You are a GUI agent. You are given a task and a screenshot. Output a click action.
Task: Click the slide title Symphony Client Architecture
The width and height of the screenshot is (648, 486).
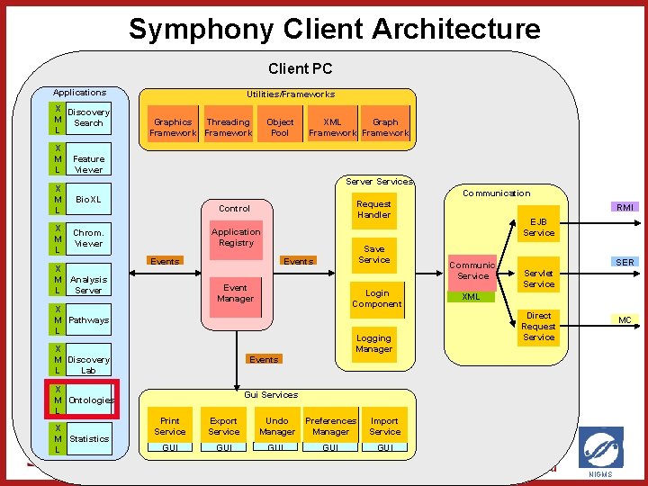click(334, 29)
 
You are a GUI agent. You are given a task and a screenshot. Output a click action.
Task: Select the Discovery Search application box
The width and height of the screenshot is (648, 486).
click(88, 118)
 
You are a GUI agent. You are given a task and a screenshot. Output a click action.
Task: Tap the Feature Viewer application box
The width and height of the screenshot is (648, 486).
click(88, 164)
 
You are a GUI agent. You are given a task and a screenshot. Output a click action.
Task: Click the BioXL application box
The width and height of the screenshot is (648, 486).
click(88, 199)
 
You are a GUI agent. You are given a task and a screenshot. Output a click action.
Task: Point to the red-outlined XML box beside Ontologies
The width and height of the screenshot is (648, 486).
click(80, 400)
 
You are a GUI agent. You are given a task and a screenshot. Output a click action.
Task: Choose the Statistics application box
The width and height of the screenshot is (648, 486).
click(88, 439)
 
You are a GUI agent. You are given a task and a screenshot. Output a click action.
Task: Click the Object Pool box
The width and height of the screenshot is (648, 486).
click(280, 127)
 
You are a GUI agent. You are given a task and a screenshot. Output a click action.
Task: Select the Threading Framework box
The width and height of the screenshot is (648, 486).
click(228, 127)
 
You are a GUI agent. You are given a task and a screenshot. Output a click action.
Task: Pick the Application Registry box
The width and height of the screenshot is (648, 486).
click(236, 238)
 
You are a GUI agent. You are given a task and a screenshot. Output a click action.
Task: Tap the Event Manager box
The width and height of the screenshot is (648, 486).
click(236, 293)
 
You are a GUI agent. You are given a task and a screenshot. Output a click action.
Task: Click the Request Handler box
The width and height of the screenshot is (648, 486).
click(373, 209)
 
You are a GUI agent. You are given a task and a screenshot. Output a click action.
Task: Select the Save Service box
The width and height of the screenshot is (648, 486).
click(373, 255)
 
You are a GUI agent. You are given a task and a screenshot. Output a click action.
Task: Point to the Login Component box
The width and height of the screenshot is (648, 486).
click(376, 299)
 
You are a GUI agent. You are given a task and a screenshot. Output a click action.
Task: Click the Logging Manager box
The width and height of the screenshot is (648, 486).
click(373, 344)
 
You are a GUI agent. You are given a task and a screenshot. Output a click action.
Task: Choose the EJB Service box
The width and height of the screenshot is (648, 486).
click(538, 228)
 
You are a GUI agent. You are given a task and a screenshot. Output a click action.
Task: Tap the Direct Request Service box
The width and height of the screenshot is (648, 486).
click(538, 327)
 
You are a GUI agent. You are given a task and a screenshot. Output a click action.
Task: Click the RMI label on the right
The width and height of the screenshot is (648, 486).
click(625, 207)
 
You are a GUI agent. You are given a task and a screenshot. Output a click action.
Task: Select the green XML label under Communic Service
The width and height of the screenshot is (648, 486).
click(471, 296)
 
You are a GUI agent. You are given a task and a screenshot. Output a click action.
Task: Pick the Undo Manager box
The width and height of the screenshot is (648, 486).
click(277, 426)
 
